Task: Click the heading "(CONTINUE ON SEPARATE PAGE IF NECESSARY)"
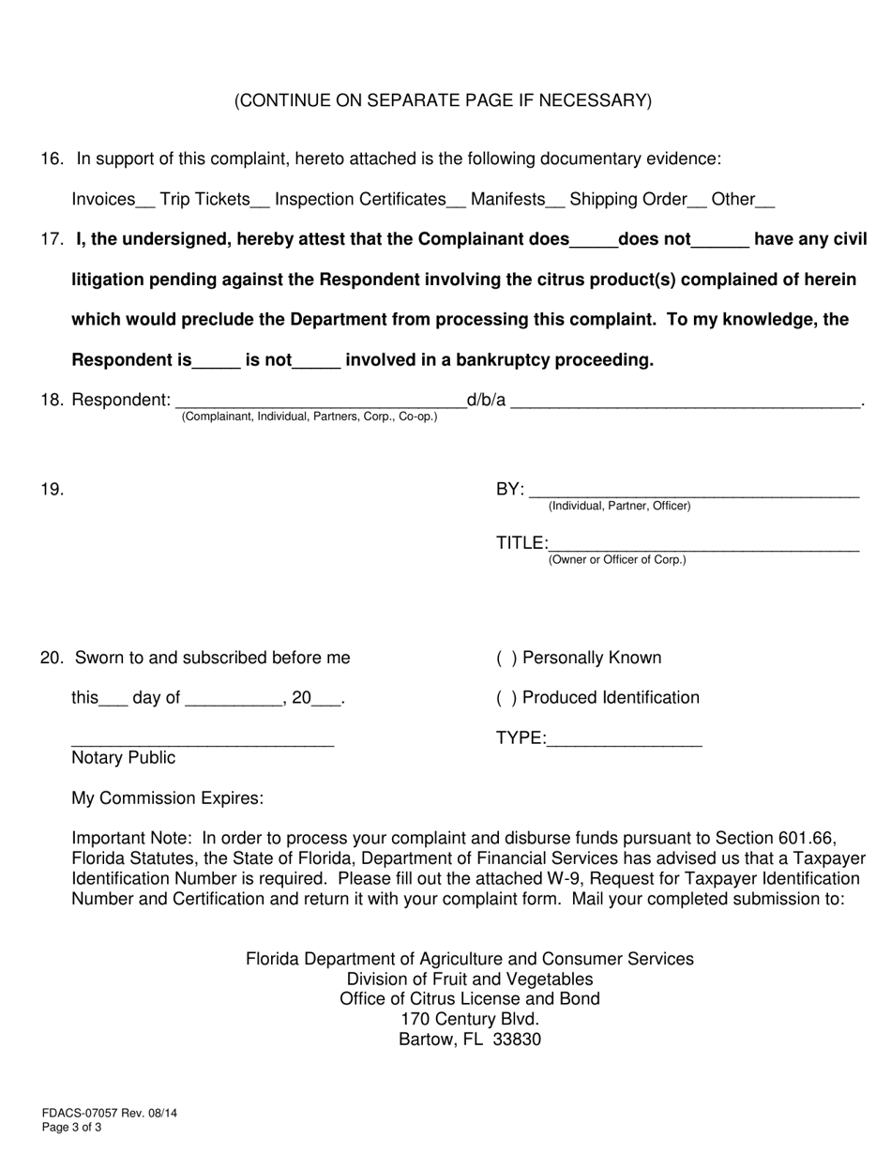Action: (x=443, y=100)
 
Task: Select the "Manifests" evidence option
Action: (x=507, y=199)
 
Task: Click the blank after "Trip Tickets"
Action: (x=261, y=203)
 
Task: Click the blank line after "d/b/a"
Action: (x=685, y=404)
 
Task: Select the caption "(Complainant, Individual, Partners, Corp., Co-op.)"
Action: (x=310, y=416)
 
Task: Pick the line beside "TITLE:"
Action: (x=703, y=547)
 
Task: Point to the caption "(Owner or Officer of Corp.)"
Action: (x=617, y=560)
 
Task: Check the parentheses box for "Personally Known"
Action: (x=506, y=658)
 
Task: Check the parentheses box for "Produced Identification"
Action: (x=506, y=697)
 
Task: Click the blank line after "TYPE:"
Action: (x=624, y=743)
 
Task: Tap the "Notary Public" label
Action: (x=123, y=757)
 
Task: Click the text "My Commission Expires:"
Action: (x=168, y=798)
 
